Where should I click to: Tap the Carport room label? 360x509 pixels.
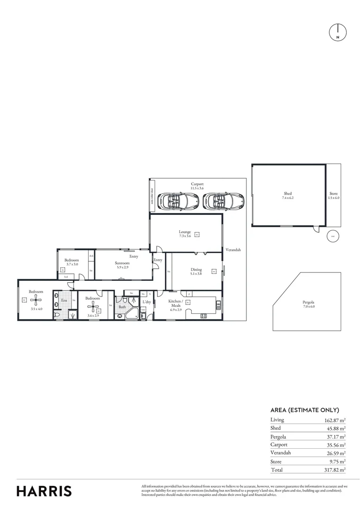pos(197,184)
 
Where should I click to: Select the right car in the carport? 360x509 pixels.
pos(223,201)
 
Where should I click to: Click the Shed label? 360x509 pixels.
pos(287,193)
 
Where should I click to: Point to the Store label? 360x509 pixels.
pos(334,194)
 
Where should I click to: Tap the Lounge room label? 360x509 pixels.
pos(185,232)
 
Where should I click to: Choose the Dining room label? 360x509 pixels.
pos(196,270)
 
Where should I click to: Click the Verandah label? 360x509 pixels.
pos(232,250)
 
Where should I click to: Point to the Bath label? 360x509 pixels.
pos(122,307)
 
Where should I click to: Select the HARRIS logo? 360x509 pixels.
pos(44,491)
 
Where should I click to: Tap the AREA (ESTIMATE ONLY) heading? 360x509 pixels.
pos(304,410)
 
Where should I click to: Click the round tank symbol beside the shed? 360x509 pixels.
pos(332,236)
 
